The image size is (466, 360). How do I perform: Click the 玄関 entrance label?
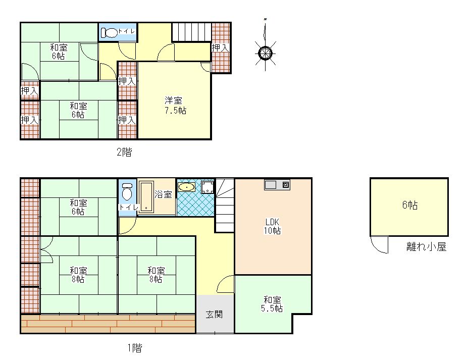[x=214, y=314]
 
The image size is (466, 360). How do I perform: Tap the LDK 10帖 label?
[x=272, y=226]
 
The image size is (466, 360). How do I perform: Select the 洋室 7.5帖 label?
[x=175, y=105]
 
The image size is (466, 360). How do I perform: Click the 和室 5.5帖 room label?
[x=272, y=304]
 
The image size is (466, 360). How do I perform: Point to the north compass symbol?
[x=265, y=53]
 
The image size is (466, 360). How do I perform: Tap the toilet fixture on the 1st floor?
[x=127, y=192]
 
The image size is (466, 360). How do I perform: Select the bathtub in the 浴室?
[x=146, y=197]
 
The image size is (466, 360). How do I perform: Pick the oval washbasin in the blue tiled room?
[x=186, y=187]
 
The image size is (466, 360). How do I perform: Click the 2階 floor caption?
[x=124, y=152]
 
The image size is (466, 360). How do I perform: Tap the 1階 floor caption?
[x=135, y=347]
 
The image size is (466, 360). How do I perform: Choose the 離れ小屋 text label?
[x=427, y=247]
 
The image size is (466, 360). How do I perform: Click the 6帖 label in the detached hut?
[x=410, y=205]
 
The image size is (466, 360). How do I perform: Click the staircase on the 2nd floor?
[x=192, y=32]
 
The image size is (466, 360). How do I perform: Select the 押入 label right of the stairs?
[x=220, y=47]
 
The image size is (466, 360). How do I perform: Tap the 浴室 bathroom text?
[x=163, y=194]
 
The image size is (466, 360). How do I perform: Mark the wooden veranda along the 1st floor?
[x=108, y=324]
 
